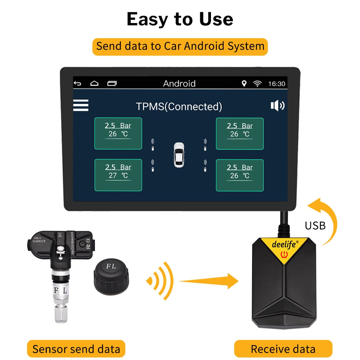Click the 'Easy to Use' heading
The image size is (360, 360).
point(180,19)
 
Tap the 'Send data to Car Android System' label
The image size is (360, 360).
point(180,47)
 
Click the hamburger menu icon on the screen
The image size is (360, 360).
point(81,105)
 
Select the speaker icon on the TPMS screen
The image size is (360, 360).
point(277,105)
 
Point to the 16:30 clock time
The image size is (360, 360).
point(276,84)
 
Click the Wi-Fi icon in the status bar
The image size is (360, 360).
point(257,84)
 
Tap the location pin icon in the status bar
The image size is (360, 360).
point(244,84)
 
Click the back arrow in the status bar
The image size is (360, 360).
point(77,84)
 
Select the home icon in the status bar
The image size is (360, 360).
point(94,84)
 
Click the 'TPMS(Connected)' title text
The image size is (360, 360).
point(179,107)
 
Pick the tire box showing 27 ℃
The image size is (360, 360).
point(118,175)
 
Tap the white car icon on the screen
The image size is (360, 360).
point(179,155)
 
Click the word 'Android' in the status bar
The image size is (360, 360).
point(179,84)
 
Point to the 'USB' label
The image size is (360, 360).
point(315,225)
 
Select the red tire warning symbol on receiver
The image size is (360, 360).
point(284,256)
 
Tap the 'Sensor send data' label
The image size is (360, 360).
point(76,349)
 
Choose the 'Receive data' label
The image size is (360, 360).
point(283,349)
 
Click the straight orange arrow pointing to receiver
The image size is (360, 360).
point(209,280)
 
